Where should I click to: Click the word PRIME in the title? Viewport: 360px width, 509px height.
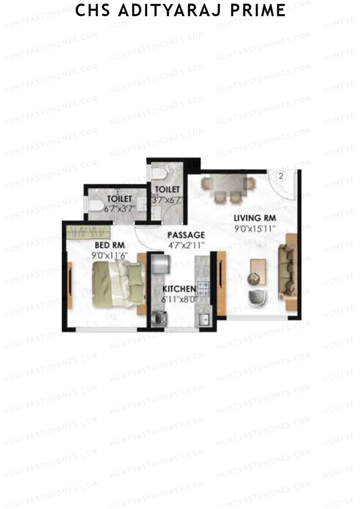point(258,10)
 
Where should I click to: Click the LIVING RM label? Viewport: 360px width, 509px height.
point(255,218)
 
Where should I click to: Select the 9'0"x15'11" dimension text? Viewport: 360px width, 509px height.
point(255,229)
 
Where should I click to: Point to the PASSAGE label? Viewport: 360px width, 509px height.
point(186,235)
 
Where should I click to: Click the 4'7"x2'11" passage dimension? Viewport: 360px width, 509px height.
point(186,245)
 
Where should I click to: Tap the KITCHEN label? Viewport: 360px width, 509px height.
point(179,289)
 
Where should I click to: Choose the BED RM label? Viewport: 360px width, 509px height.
point(109,245)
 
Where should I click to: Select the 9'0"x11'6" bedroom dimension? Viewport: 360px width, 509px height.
point(110,256)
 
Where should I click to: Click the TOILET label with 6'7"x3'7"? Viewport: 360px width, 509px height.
point(119,199)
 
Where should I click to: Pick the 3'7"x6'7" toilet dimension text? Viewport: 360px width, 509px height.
point(167,200)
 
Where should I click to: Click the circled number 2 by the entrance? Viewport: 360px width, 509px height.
point(281,176)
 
